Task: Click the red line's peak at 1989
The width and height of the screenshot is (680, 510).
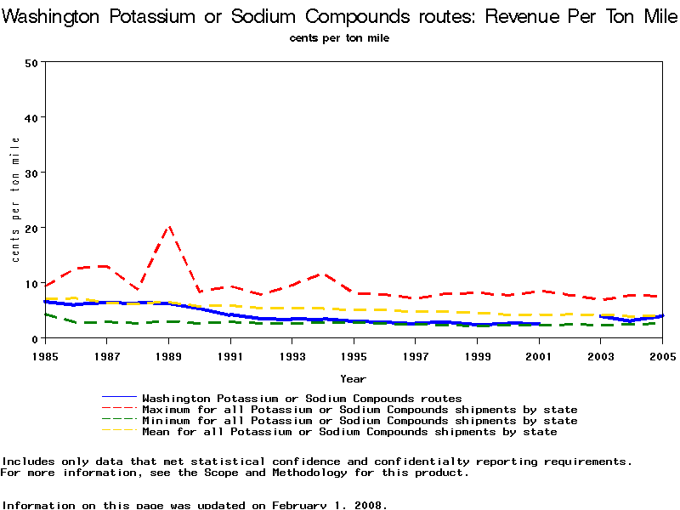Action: tap(169, 227)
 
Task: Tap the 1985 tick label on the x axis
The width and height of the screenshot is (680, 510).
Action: tap(45, 355)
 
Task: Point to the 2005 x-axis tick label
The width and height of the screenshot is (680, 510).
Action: tap(662, 355)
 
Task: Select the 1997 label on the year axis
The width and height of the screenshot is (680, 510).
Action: tap(416, 355)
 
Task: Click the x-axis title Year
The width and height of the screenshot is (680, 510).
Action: tap(353, 378)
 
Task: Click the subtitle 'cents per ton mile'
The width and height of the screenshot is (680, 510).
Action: tap(339, 38)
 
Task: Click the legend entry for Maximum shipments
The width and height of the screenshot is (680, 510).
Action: tap(360, 410)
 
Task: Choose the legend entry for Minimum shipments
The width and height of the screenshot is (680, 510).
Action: tap(360, 421)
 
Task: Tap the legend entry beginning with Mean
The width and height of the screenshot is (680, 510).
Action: tap(349, 432)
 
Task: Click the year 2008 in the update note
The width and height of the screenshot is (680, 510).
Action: tap(368, 505)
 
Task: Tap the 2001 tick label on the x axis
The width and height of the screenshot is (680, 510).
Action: tap(539, 355)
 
